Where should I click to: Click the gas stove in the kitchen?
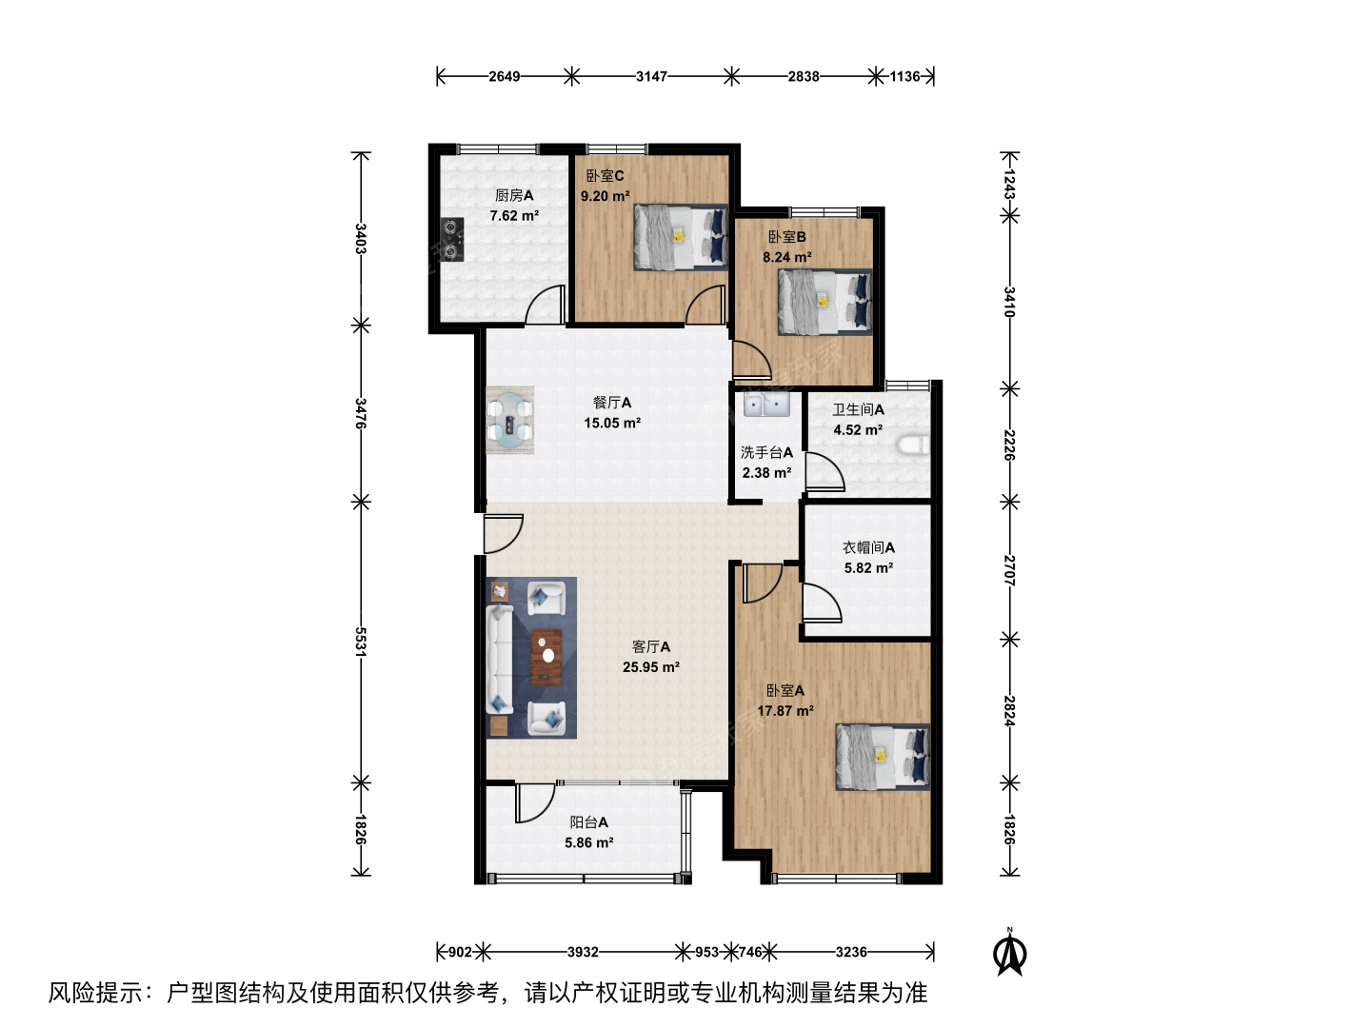click(x=451, y=239)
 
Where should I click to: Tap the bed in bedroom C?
click(x=681, y=237)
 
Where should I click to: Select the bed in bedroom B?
click(x=825, y=302)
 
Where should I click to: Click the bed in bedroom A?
click(x=883, y=757)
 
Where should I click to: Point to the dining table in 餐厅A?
click(x=509, y=420)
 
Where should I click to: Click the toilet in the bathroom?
click(x=913, y=445)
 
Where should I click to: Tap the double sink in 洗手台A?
click(x=766, y=404)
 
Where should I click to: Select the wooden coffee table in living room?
click(x=546, y=656)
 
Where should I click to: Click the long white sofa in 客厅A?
click(x=500, y=659)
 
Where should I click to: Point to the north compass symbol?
click(x=1009, y=952)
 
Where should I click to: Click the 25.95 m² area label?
click(x=651, y=666)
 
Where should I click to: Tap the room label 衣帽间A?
click(x=868, y=547)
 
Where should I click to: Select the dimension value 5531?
click(x=361, y=641)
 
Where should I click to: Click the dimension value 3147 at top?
click(x=651, y=76)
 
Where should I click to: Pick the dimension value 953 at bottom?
click(x=707, y=952)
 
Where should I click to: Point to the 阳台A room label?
click(x=588, y=822)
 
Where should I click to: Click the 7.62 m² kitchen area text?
click(x=514, y=215)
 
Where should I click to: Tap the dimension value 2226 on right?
click(x=1009, y=445)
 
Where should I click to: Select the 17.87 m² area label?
click(x=785, y=710)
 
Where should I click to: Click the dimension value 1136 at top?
click(x=905, y=76)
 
